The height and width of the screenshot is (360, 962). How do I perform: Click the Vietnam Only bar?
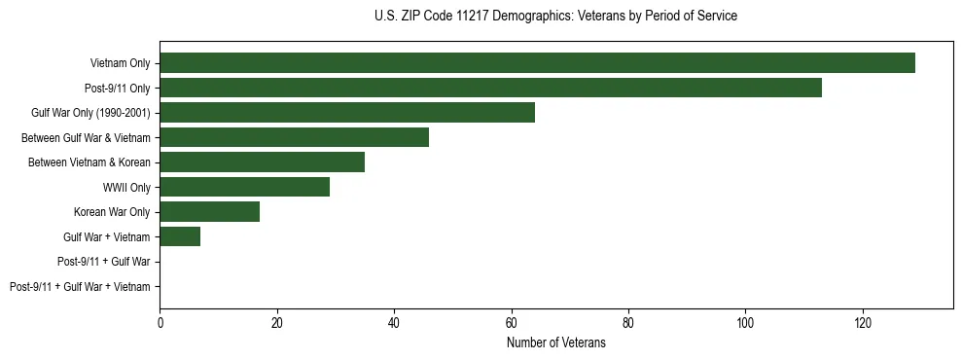(x=537, y=63)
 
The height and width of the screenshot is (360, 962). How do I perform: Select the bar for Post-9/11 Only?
(x=490, y=88)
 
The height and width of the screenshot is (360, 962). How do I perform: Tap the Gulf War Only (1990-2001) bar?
(x=347, y=113)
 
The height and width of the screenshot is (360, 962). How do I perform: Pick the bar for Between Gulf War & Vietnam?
(x=294, y=137)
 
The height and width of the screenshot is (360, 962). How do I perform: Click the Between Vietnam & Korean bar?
(x=262, y=162)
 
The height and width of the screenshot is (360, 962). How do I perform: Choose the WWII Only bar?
(x=244, y=187)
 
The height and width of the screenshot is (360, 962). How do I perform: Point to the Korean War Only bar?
(x=209, y=212)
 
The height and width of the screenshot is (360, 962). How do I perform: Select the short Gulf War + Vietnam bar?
(x=180, y=236)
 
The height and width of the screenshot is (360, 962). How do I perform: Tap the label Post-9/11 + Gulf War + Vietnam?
(x=80, y=287)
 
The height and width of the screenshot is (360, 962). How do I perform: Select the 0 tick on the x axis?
(x=160, y=322)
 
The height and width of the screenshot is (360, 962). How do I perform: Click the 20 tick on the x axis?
(x=277, y=322)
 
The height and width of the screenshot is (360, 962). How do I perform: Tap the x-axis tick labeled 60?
(x=511, y=322)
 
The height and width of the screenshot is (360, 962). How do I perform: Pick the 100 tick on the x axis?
(x=745, y=322)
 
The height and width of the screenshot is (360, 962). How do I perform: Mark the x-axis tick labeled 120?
(x=862, y=322)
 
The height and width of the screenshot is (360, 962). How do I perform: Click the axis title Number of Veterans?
(x=555, y=342)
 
